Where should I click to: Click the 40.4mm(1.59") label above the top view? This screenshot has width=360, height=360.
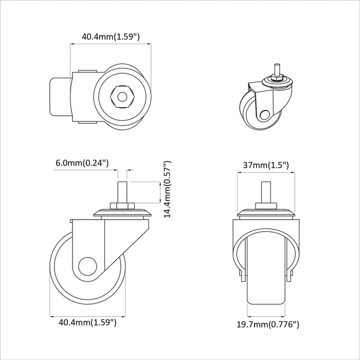coord(111,37)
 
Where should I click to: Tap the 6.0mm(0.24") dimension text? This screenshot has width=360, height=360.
coord(82,163)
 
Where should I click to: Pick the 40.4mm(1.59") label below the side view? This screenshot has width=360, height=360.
coord(87,323)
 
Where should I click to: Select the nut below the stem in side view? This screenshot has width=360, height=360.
coord(122,206)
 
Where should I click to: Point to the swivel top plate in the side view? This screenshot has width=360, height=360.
coord(122,213)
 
